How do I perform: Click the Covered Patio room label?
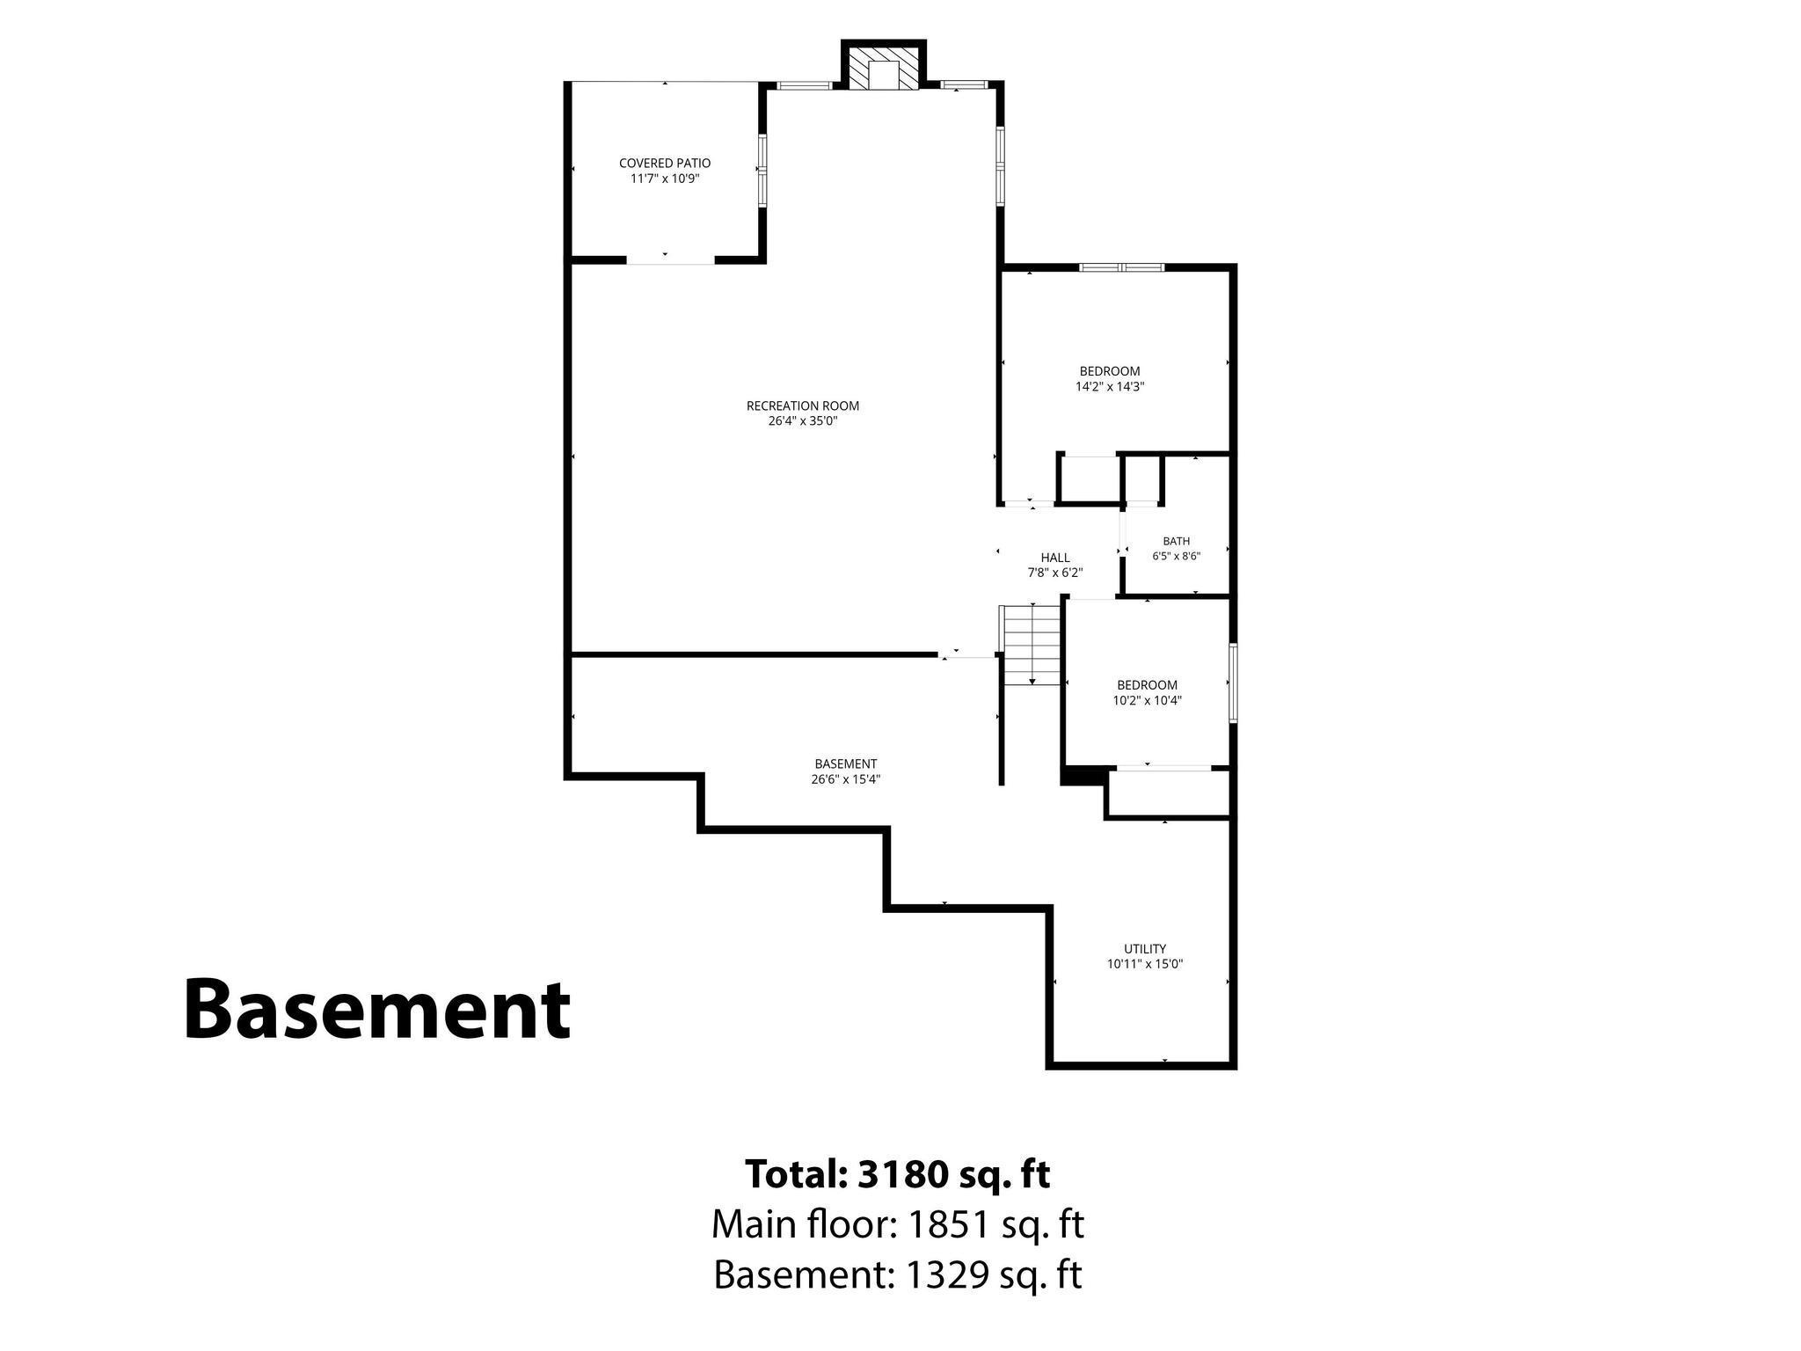point(665,163)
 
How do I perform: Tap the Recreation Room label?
point(803,405)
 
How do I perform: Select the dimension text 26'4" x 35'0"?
point(803,421)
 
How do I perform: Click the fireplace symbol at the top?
point(884,66)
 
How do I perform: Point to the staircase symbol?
point(1031,645)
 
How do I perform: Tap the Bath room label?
point(1177,541)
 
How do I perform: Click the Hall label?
point(1055,558)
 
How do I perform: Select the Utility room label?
point(1145,948)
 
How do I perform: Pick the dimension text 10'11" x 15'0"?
point(1145,964)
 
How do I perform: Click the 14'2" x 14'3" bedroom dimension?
point(1110,386)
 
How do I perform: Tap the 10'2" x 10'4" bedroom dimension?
point(1148,701)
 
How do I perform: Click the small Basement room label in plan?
point(846,763)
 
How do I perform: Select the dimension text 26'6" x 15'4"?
point(846,779)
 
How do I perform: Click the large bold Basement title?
point(377,1010)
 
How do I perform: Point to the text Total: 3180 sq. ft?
point(898,1173)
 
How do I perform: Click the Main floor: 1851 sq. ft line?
point(898,1224)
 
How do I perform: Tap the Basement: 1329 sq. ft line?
point(898,1274)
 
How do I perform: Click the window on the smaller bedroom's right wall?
point(1233,683)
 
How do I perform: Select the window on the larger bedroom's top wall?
point(1122,267)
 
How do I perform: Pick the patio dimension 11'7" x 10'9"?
point(665,179)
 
